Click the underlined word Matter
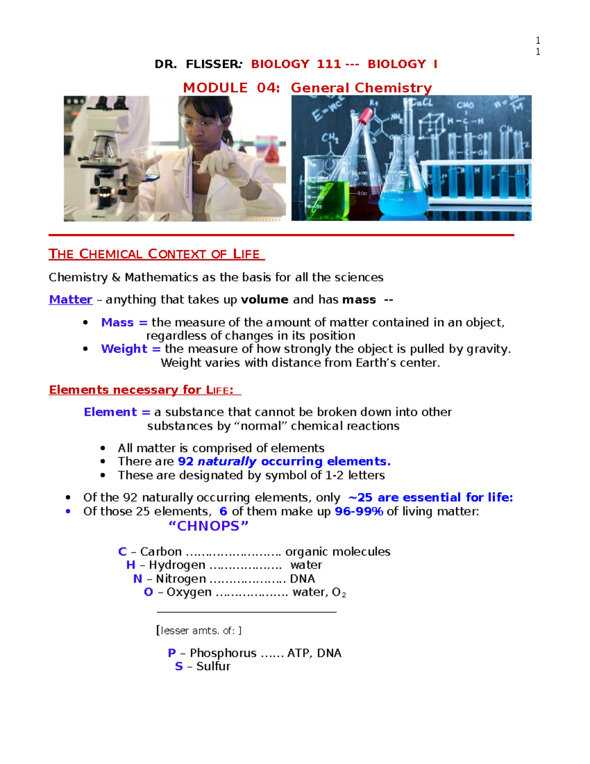[x=71, y=300]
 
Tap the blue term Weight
[x=124, y=349]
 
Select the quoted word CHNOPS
[x=208, y=526]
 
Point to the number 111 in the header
[x=329, y=64]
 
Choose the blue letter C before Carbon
[x=122, y=552]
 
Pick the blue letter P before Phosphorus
[x=172, y=653]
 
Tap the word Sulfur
[x=213, y=667]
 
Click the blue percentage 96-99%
[x=359, y=512]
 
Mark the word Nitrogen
[x=181, y=579]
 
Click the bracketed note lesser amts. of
[x=199, y=631]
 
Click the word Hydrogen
[x=177, y=565]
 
